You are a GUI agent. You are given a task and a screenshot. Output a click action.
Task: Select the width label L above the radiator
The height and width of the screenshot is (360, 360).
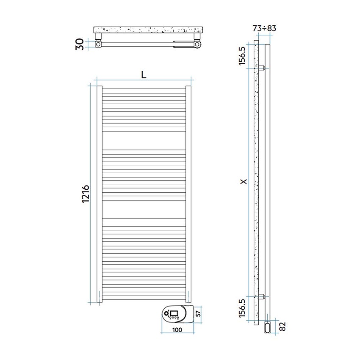click(144, 75)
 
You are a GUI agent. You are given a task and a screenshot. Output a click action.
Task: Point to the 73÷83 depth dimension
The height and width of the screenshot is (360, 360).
click(264, 28)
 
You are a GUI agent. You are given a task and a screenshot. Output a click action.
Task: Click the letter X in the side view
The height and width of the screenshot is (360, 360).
click(243, 182)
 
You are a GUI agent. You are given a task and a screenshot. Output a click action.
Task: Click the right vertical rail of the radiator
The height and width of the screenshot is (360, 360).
click(189, 194)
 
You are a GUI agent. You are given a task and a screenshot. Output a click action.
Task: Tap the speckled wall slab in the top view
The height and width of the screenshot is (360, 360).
click(149, 30)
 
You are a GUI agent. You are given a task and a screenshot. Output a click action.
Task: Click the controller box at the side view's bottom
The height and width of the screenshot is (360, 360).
click(268, 327)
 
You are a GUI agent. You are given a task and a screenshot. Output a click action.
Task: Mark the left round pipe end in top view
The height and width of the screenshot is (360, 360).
click(99, 44)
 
